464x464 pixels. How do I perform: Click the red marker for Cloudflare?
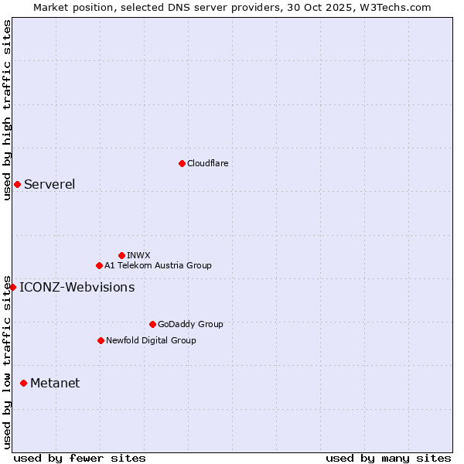point(182,163)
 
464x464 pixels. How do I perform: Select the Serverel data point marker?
point(17,184)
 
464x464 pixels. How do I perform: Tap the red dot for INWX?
point(121,255)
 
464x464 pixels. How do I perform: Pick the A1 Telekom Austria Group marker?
point(99,265)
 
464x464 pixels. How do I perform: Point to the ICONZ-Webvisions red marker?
point(12,288)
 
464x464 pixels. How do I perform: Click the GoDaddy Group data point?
point(152,324)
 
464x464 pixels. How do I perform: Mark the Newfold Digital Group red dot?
point(101,340)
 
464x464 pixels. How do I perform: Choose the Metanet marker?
point(23,384)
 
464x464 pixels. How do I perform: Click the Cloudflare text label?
point(207,163)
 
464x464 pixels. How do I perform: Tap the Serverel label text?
point(49,184)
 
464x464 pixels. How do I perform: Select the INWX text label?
point(138,255)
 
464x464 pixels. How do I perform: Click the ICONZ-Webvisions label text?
point(77,288)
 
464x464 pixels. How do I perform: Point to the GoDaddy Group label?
point(190,324)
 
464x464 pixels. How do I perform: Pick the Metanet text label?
point(55,384)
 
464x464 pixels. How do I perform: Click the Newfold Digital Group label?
point(151,340)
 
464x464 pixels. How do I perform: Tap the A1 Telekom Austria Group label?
point(158,265)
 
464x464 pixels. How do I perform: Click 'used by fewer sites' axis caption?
point(80,458)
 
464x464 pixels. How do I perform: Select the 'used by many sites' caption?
point(388,458)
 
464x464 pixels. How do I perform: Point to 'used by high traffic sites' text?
point(7,110)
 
